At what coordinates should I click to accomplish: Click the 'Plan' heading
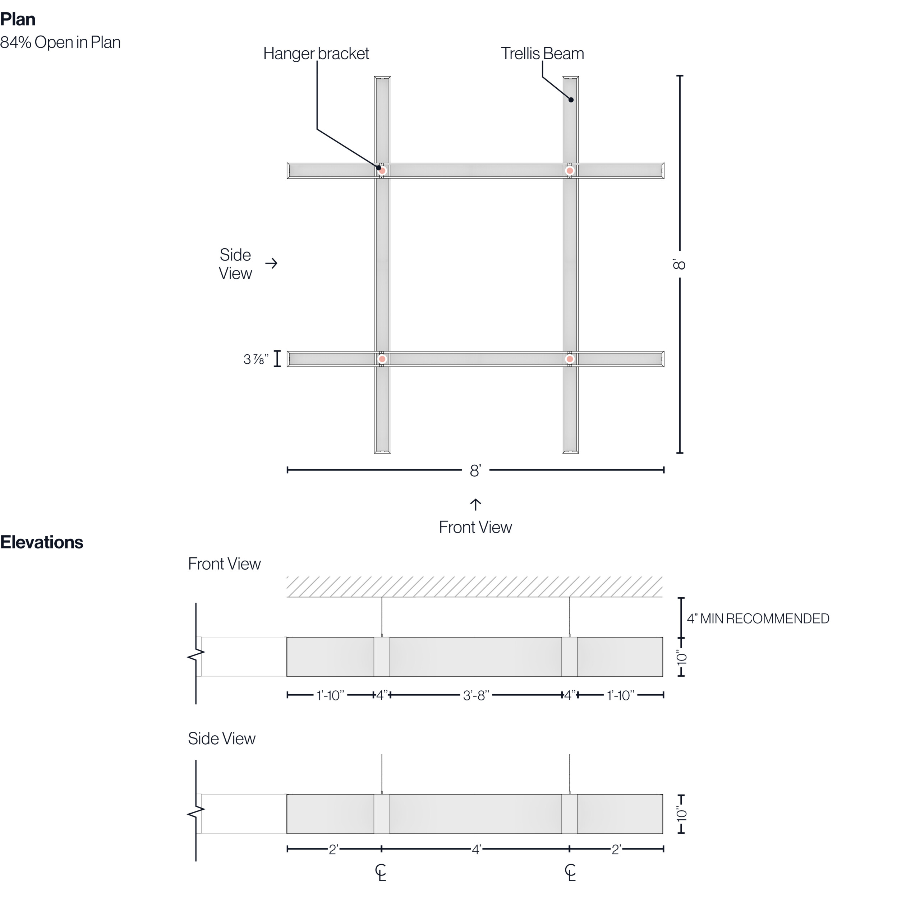point(18,19)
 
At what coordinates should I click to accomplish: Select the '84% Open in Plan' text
point(60,42)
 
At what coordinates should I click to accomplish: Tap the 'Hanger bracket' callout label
point(316,53)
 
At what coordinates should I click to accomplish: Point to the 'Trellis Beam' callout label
point(542,53)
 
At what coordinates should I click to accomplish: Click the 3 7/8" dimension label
point(256,359)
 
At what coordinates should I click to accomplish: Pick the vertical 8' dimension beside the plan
point(680,264)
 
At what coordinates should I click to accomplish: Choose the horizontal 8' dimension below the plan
point(475,470)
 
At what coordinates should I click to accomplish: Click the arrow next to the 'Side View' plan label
point(271,263)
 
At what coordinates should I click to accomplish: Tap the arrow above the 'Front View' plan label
point(475,504)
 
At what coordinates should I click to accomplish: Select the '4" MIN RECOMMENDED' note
point(758,618)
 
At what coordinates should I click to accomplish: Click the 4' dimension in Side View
point(477,849)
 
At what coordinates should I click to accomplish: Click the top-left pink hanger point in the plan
point(382,170)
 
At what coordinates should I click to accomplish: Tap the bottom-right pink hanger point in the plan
point(570,359)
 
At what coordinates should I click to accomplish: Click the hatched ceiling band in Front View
point(474,586)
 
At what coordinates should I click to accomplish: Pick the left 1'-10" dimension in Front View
point(330,696)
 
